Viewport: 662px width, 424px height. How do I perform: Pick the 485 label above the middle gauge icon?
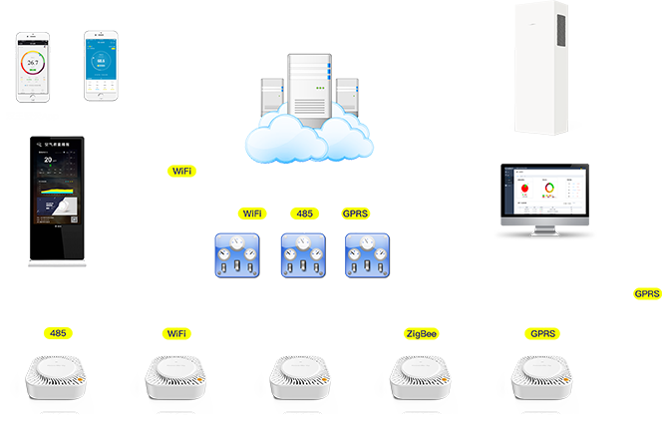[x=305, y=213]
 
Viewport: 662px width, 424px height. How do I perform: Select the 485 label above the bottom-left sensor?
[x=58, y=333]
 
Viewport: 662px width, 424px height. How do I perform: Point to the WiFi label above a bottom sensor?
[x=176, y=333]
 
